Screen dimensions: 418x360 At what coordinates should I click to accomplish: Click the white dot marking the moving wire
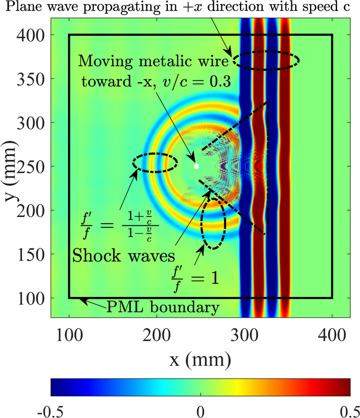point(196,166)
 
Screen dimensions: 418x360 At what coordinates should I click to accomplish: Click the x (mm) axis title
point(200,359)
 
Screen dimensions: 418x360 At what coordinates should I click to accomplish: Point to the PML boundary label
point(163,308)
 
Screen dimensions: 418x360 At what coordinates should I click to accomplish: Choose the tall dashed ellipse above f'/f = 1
point(213,223)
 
